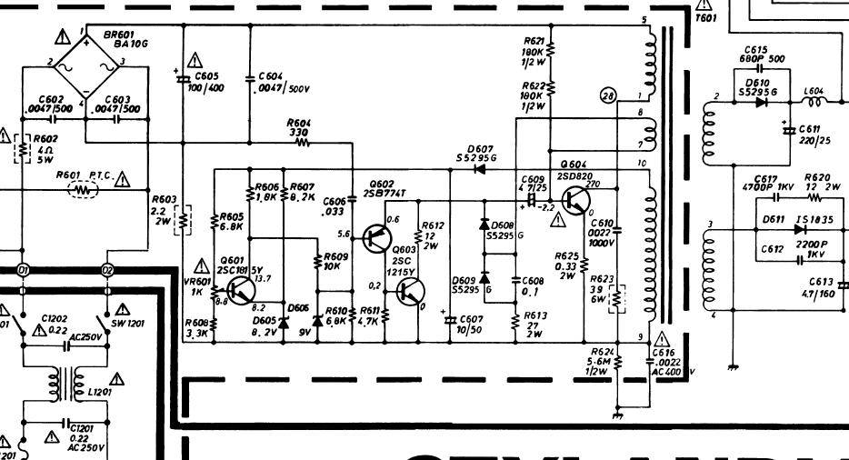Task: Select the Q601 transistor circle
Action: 240,288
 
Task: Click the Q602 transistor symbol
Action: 375,238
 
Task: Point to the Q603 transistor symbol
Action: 410,292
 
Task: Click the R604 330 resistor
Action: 300,143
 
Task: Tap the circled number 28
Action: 609,95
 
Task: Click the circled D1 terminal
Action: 23,271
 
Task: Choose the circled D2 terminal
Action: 108,271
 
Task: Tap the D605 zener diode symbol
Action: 283,321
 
